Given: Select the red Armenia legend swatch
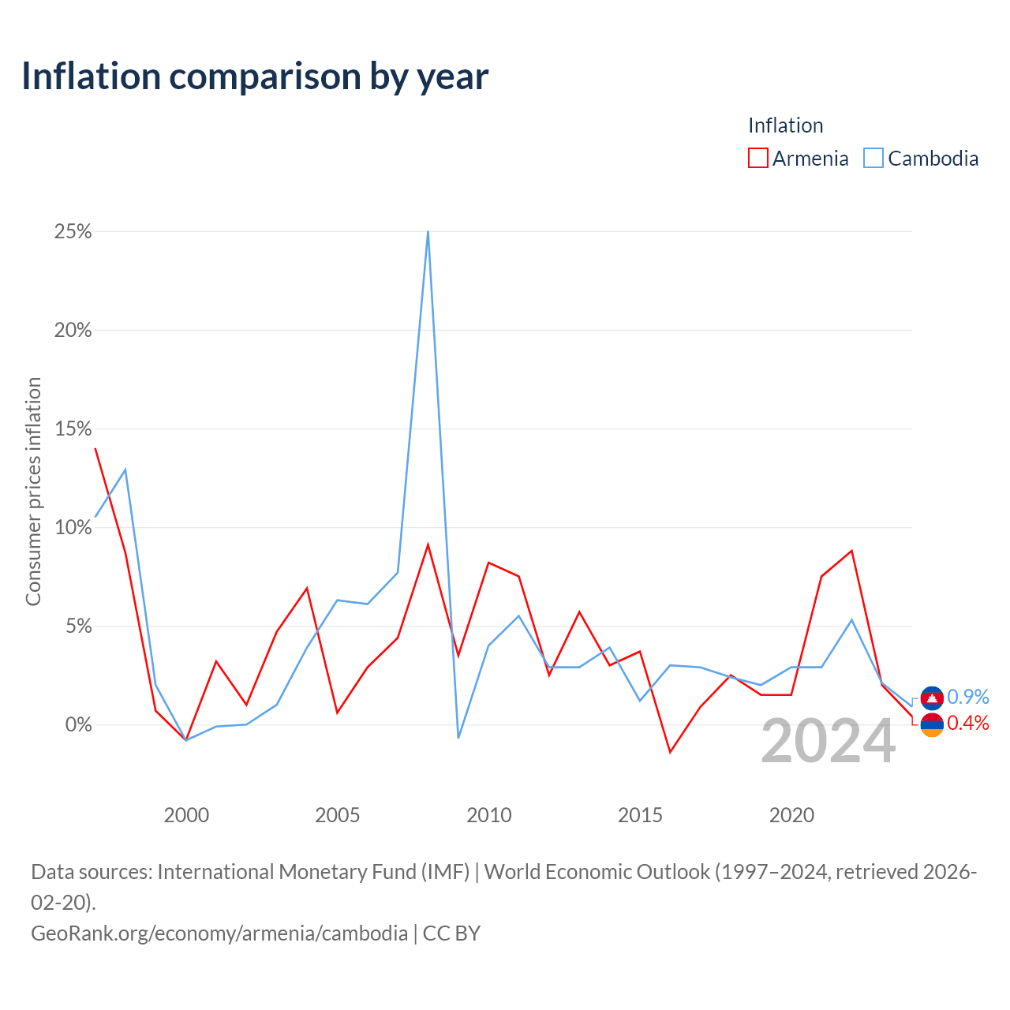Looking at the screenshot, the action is pos(757,158).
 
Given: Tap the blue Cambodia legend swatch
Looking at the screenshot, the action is pos(873,158).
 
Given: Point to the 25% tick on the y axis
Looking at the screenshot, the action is pos(73,231).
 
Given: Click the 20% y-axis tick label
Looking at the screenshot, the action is pos(73,330).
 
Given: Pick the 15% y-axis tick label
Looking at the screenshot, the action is pos(73,428).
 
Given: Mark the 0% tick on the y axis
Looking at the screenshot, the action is pos(79,725).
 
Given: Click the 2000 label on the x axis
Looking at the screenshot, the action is pos(186,815).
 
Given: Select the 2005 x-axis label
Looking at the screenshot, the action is pos(338,815).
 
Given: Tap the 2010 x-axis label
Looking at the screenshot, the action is pos(489,815).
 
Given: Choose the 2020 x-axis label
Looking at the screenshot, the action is pos(791,815).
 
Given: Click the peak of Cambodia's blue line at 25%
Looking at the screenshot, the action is pos(428,231).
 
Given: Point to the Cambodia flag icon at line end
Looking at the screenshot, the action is pos(932,698).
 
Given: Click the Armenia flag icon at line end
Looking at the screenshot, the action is pos(932,725).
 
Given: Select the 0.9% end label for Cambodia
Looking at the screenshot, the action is pos(968,697).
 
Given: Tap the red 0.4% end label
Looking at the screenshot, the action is pos(968,723).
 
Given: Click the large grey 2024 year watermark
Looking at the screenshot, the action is pos(829,741).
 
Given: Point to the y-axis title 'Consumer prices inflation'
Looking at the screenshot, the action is pos(34,491).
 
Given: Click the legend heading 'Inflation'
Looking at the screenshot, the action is pos(786,125).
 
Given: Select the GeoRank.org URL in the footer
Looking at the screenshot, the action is pos(219,933).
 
